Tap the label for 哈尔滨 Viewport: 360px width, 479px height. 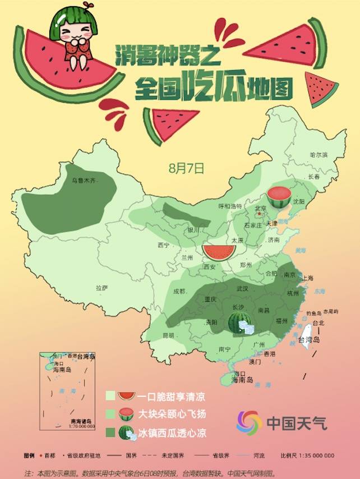click(318, 154)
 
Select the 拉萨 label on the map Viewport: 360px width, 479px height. click(101, 287)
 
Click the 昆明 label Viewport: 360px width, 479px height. click(168, 335)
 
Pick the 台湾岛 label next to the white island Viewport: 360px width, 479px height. click(308, 340)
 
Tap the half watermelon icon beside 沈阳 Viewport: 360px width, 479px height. click(278, 197)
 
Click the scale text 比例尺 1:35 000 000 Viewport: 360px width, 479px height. click(307, 455)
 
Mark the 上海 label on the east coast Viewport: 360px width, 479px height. click(307, 278)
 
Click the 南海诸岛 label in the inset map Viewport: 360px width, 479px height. click(82, 421)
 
